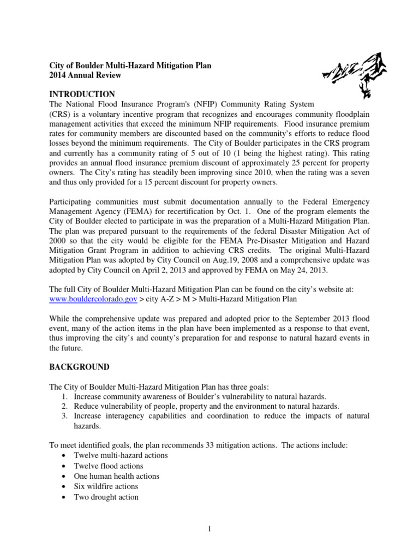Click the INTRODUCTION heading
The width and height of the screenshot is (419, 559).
[82, 94]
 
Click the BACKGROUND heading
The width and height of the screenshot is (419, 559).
[80, 366]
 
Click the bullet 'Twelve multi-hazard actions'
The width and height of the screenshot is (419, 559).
[121, 455]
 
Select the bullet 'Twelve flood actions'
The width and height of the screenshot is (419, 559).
[108, 466]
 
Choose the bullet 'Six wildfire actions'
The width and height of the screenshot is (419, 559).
[106, 486]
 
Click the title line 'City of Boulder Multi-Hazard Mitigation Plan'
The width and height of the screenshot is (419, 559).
[130, 66]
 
